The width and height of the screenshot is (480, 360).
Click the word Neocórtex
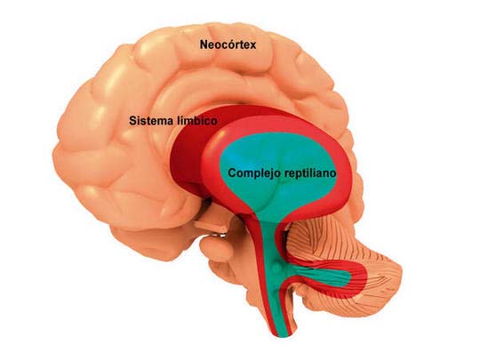pos(228,45)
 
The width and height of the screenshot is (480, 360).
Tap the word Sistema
pos(151,121)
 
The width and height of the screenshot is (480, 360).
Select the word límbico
pos(197,121)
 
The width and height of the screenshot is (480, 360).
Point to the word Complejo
pos(254,173)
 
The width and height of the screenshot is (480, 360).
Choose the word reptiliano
pos(310,173)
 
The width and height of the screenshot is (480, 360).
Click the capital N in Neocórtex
pos(204,45)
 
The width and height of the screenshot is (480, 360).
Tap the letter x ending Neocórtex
pos(252,46)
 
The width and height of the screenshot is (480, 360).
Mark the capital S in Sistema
pos(132,121)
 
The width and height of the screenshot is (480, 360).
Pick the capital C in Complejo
pos(232,173)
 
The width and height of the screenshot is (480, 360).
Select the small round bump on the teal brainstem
pos(276,268)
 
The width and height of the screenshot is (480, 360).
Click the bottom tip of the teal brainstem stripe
pos(284,335)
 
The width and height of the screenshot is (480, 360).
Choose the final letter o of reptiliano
pos(332,175)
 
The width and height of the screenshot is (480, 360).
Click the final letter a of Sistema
pos(170,122)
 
